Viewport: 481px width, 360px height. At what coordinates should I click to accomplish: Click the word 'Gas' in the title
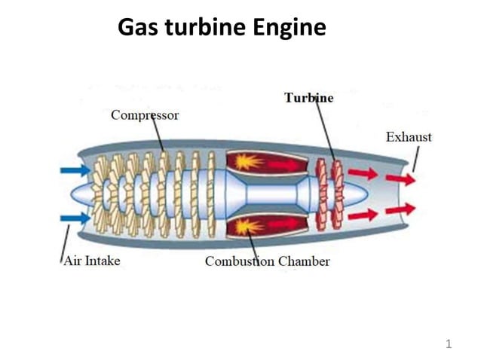pyautogui.click(x=138, y=28)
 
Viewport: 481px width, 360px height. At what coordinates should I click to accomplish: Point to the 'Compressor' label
pyautogui.click(x=145, y=115)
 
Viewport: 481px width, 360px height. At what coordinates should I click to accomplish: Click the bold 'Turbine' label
pyautogui.click(x=308, y=98)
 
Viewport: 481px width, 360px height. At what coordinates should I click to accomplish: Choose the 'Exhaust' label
pyautogui.click(x=409, y=137)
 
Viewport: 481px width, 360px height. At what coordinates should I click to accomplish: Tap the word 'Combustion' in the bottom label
pyautogui.click(x=240, y=261)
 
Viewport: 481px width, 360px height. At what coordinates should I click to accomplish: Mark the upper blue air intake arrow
pyautogui.click(x=75, y=170)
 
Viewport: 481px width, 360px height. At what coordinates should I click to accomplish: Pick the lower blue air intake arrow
pyautogui.click(x=75, y=218)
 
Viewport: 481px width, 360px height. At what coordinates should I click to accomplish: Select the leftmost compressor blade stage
pyautogui.click(x=100, y=194)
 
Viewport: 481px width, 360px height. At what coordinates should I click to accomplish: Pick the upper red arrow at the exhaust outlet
pyautogui.click(x=400, y=179)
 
